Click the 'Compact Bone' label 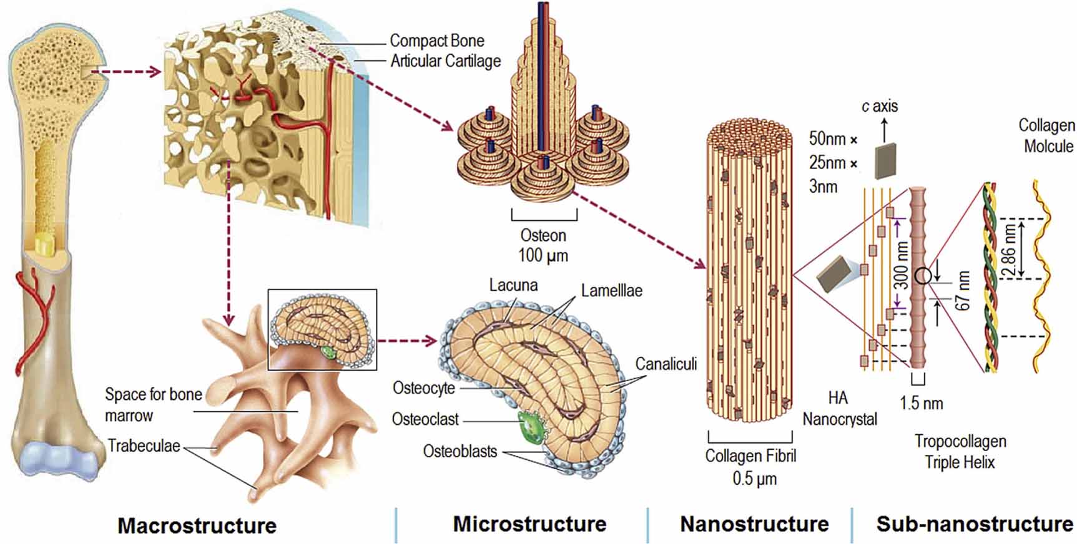pos(436,41)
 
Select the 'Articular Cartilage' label pos(445,61)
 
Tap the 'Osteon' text pos(543,236)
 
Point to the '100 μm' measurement pos(543,255)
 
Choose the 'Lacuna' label pos(513,286)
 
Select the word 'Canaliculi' pos(666,364)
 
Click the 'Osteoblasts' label pos(460,451)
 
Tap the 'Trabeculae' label pos(144,446)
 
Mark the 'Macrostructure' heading pos(197,525)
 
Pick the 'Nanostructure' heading pos(754,524)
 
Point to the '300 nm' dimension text pos(902,266)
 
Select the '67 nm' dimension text pos(963,291)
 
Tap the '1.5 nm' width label pos(921,403)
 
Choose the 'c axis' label pos(880,107)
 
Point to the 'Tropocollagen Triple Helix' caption pos(960,452)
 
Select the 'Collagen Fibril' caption pos(750,456)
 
